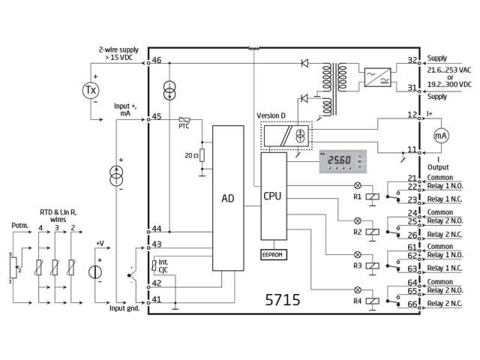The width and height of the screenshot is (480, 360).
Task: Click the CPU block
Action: pyautogui.click(x=273, y=196)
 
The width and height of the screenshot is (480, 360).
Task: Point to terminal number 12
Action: pyautogui.click(x=412, y=115)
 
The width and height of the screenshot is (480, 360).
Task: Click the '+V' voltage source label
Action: pyautogui.click(x=100, y=243)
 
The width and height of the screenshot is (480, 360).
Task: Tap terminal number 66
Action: pyautogui.click(x=412, y=304)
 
